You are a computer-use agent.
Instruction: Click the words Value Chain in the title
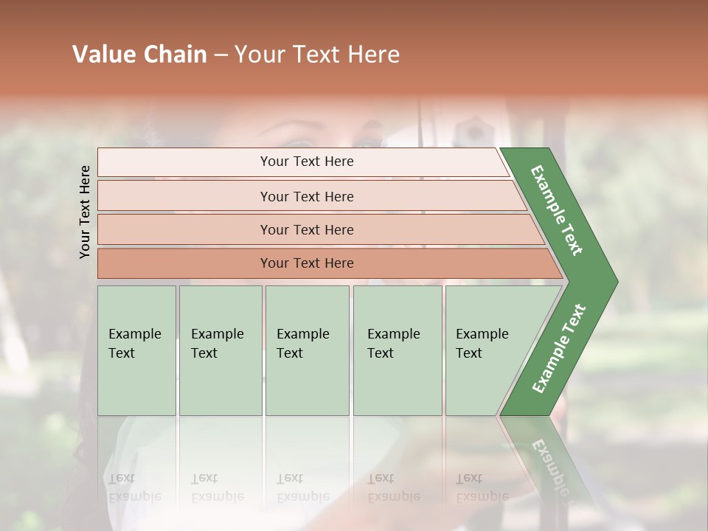[x=139, y=55]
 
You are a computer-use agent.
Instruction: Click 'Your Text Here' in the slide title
[x=317, y=55]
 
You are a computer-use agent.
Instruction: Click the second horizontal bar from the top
[x=306, y=196]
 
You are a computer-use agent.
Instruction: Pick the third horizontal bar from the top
[x=306, y=229]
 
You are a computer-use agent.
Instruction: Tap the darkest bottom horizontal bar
[x=306, y=263]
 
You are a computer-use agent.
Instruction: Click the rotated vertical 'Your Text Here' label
[x=85, y=212]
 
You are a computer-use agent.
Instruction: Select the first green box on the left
[x=136, y=350]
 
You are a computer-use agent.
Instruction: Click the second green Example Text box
[x=220, y=350]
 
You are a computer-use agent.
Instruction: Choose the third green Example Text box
[x=307, y=350]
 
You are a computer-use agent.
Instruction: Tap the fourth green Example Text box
[x=398, y=350]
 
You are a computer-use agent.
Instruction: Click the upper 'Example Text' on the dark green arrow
[x=557, y=210]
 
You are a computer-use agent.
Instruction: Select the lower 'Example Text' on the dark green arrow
[x=559, y=348]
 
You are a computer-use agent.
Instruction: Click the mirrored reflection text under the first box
[x=134, y=487]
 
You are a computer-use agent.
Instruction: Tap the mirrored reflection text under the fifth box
[x=482, y=487]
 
